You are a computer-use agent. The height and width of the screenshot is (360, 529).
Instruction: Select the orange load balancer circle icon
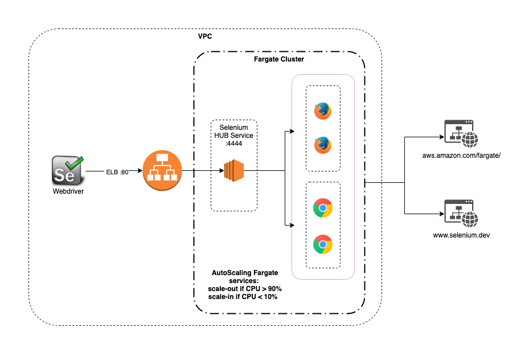point(160,170)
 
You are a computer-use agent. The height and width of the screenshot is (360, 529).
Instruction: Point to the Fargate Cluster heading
point(278,59)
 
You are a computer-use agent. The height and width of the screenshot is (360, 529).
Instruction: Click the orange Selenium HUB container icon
point(233,170)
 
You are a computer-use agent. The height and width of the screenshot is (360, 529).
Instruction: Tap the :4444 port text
point(234,144)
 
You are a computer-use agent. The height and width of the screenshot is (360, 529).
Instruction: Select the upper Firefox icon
point(323,111)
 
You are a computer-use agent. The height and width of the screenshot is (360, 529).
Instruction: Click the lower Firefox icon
point(323,145)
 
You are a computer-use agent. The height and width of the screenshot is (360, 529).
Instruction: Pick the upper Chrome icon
point(323,208)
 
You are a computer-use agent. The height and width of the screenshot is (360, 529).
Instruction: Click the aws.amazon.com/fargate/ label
point(461,156)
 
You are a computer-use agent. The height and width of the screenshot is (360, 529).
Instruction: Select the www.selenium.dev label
point(461,234)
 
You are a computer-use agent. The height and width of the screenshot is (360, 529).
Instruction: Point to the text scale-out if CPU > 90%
point(245,289)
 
